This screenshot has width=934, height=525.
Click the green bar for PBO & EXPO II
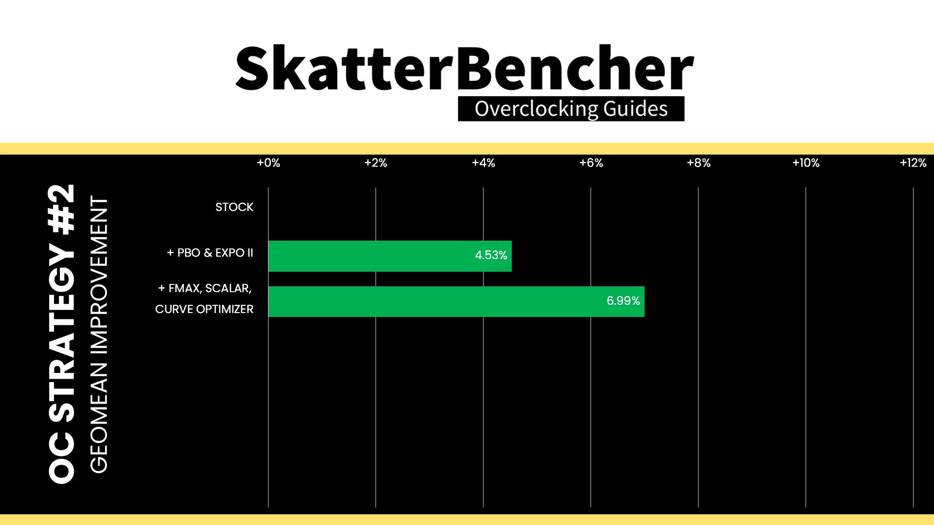[x=390, y=256]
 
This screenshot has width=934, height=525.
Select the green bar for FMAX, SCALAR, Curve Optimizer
[x=456, y=301]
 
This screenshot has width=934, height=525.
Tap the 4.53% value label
[x=491, y=255]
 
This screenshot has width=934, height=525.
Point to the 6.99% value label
[x=623, y=301]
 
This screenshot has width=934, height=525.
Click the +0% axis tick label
[x=269, y=163]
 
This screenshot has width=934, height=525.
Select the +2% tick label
[x=376, y=163]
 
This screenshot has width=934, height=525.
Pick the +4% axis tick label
[x=484, y=163]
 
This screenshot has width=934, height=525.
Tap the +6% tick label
[x=591, y=163]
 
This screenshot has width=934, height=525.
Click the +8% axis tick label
[x=699, y=163]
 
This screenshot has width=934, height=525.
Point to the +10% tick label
[x=806, y=163]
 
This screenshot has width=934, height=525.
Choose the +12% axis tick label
[x=913, y=163]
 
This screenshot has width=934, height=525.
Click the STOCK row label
[x=234, y=207]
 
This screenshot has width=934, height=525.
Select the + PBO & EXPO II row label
[x=210, y=253]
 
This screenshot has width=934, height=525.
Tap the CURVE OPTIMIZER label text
[x=204, y=309]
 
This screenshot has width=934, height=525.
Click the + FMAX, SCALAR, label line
[x=205, y=288]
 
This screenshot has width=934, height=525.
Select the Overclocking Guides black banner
[x=571, y=108]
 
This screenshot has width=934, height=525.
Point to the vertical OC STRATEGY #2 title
[x=62, y=333]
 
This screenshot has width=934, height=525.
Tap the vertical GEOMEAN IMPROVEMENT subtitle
[x=99, y=334]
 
